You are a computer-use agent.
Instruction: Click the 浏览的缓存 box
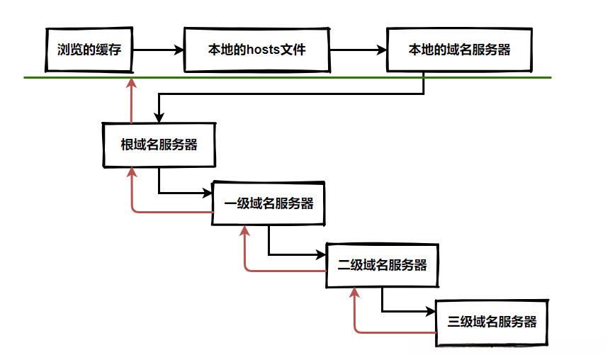(x=89, y=50)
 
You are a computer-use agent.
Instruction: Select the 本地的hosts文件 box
(x=257, y=50)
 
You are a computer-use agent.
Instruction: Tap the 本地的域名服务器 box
(x=459, y=50)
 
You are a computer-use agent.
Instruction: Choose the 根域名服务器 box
(x=159, y=145)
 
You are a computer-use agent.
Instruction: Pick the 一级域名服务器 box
(x=269, y=203)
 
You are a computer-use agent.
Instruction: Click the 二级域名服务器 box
(x=382, y=265)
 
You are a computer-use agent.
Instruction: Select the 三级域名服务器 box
(x=492, y=322)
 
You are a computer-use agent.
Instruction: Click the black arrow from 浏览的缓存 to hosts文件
(x=157, y=50)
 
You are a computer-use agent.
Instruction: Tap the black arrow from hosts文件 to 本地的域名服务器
(x=358, y=50)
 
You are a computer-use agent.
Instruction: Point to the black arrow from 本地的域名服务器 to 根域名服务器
(x=290, y=94)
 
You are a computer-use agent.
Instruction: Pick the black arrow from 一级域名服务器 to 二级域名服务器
(x=293, y=254)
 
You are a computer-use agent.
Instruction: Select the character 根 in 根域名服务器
(x=127, y=145)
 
